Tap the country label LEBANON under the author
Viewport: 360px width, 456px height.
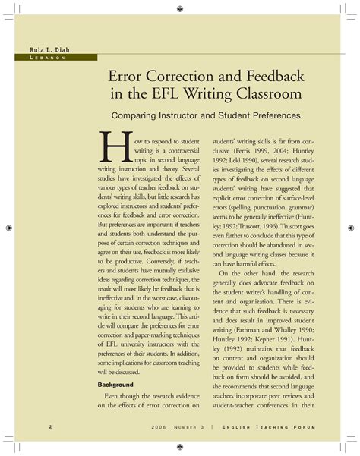[41, 59]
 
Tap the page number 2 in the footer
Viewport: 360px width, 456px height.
[28, 426]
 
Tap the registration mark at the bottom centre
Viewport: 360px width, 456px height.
[179, 447]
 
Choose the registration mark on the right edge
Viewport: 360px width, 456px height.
[352, 228]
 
